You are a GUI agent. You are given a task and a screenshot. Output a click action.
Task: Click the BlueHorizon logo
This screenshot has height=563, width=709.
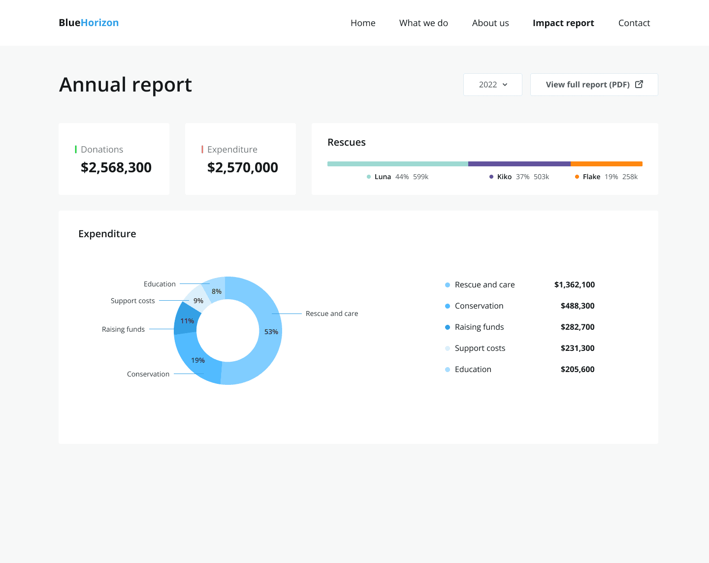coord(89,23)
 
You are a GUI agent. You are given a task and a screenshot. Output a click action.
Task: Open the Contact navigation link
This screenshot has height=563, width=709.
coord(634,23)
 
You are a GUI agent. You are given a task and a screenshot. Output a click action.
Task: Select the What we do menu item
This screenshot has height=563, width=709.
coord(423,23)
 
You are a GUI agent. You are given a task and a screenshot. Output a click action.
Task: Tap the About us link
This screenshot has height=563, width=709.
coord(490,23)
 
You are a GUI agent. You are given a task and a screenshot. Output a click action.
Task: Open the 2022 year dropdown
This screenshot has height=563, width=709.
coord(492,85)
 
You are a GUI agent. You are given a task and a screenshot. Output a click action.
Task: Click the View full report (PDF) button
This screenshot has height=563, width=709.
coord(594,85)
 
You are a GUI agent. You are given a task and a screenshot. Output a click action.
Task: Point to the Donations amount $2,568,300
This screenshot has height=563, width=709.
coord(116,167)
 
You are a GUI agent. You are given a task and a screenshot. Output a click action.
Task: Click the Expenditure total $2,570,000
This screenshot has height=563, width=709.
coord(242,167)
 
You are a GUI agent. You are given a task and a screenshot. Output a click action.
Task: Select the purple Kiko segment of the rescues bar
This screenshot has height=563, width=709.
coord(519,164)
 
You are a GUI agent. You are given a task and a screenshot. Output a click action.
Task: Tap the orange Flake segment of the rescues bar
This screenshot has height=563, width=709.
coord(607,164)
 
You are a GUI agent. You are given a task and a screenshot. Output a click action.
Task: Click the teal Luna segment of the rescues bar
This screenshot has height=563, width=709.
coord(398,164)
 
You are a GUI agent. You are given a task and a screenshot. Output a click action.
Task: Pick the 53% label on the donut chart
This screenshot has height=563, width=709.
coord(271,332)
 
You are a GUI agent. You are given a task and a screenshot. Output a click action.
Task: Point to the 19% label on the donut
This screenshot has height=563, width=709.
coord(198,360)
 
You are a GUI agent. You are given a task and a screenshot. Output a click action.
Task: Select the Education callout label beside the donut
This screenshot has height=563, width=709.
coord(160,284)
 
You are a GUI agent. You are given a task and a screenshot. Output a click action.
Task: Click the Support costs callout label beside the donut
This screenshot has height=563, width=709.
coord(132,301)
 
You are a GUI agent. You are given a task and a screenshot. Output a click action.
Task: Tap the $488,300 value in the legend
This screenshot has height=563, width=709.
coord(578,306)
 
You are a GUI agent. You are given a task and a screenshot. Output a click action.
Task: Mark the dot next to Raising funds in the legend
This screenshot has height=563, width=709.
coord(448,327)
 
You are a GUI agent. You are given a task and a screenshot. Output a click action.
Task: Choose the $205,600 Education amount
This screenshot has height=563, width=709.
coord(578,369)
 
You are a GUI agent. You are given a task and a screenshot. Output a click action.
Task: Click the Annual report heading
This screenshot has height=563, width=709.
coord(125,85)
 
